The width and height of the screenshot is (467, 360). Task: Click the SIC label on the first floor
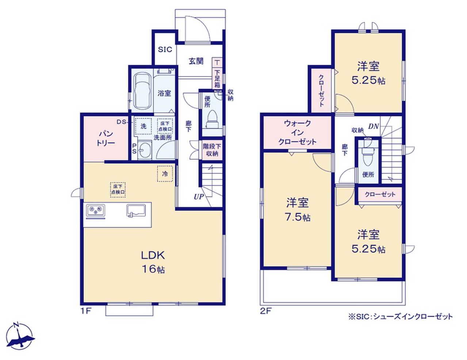(165, 50)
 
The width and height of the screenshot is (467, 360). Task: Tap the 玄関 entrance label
(196, 61)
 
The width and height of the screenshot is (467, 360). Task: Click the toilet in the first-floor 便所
(212, 119)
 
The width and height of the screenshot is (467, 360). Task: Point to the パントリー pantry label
(106, 139)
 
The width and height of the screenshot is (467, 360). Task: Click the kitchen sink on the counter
(136, 210)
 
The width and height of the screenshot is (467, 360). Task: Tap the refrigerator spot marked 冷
(165, 174)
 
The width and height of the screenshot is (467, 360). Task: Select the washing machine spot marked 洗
(143, 126)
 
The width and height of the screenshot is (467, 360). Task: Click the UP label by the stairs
(199, 197)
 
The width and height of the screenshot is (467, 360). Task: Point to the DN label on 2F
(373, 127)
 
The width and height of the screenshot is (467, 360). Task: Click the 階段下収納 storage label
(212, 150)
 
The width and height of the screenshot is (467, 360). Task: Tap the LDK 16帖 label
(153, 262)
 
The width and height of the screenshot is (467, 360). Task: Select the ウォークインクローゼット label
(297, 132)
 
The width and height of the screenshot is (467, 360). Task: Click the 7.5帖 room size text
(298, 218)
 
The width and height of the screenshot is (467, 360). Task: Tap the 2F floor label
(265, 311)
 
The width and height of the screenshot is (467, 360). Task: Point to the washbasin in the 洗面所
(145, 150)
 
